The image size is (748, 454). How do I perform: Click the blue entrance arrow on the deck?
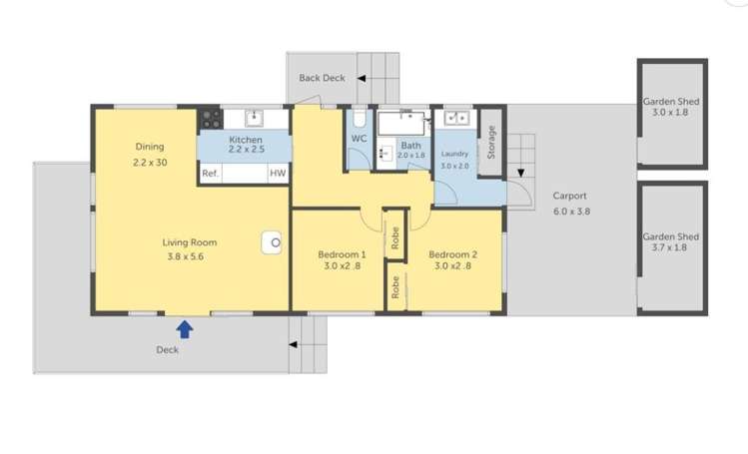coord(185,328)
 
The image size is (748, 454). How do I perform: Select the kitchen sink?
coord(252,118)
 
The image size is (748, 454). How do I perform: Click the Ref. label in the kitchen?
coord(210,173)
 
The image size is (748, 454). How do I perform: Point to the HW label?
coord(277,173)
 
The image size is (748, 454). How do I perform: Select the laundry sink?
coord(455,118)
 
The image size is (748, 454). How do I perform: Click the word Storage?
coord(489,143)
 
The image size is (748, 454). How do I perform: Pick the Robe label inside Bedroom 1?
coord(395,236)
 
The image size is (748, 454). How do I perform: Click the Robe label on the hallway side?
coord(395,287)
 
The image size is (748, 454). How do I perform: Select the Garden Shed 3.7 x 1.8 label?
coord(670,242)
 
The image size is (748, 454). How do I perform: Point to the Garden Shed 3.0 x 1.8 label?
coord(670,107)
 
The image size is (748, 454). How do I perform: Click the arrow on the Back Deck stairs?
coord(365,77)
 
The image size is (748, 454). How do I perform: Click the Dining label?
coord(150,147)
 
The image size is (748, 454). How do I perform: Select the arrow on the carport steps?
coord(519,175)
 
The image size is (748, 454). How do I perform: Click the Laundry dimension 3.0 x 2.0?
coord(454,166)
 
